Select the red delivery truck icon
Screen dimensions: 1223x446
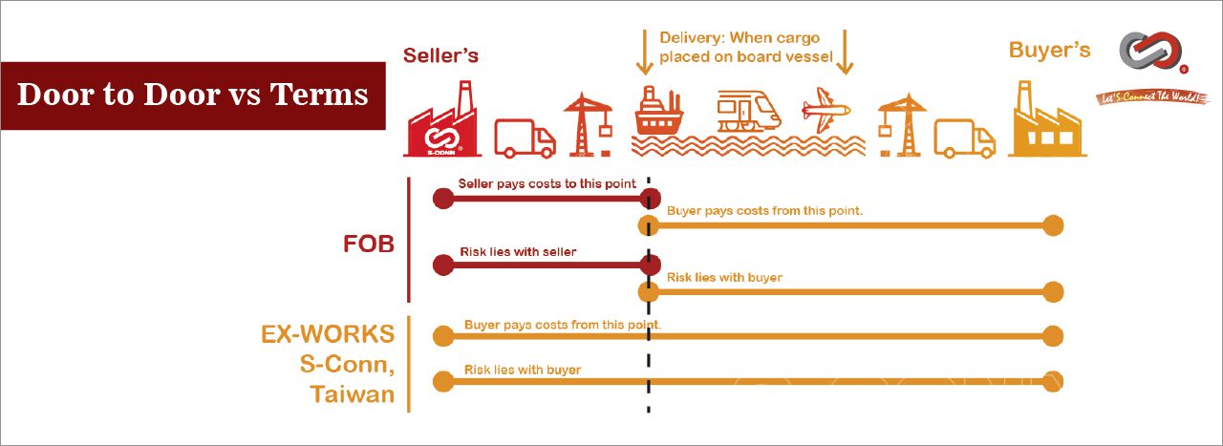pos(525,138)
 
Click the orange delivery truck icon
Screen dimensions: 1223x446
pos(965,138)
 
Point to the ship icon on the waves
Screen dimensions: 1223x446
pos(658,111)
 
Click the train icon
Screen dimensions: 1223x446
pos(748,112)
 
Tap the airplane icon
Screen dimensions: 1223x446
pos(826,110)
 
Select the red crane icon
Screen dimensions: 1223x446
pos(588,125)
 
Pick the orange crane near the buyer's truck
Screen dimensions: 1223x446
pos(901,125)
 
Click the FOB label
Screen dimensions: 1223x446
pos(369,244)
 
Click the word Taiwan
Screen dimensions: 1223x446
pos(353,394)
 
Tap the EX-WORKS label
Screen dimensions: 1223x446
pos(328,334)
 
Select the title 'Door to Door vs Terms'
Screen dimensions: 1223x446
pos(193,95)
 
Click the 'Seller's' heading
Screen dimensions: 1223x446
pos(440,55)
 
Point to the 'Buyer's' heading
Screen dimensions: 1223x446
pos(1049,51)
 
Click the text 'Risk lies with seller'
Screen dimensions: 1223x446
pos(518,252)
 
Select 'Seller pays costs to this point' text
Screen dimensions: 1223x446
pos(547,183)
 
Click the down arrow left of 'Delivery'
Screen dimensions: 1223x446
pos(645,53)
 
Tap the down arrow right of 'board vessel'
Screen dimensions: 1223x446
pos(845,53)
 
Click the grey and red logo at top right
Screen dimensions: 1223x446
pos(1152,53)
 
